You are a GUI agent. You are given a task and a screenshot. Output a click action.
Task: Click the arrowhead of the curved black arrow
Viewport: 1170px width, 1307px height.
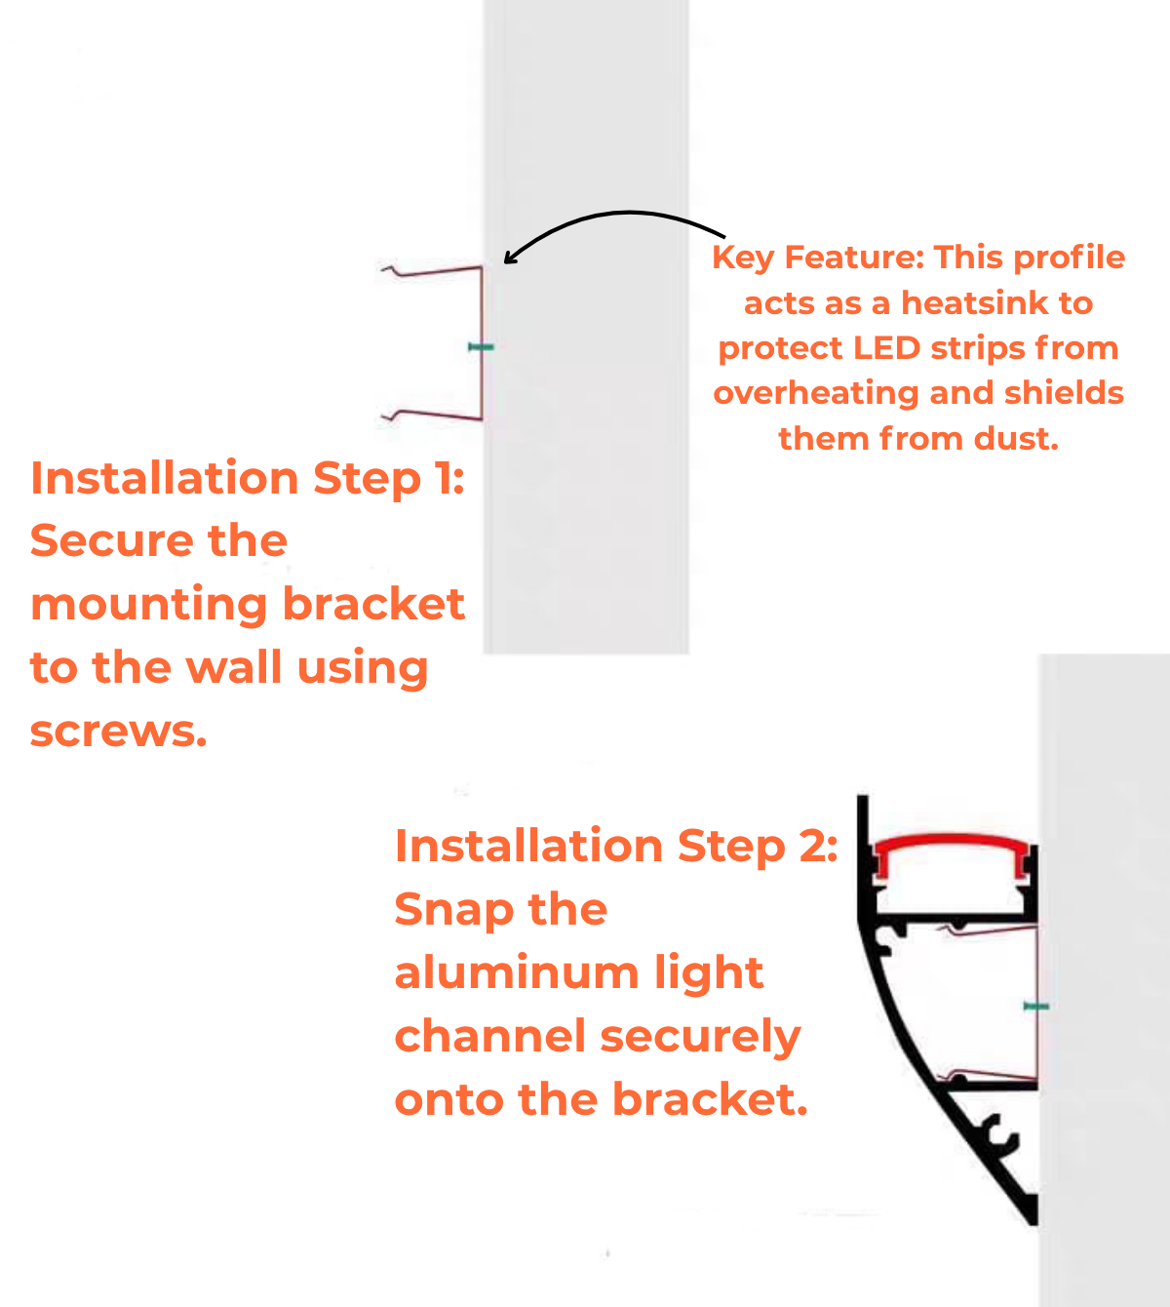click(509, 258)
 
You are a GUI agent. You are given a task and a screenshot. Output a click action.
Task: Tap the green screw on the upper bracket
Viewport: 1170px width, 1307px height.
click(482, 346)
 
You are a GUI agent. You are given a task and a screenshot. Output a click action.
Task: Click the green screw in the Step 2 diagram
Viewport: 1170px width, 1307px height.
click(1035, 1006)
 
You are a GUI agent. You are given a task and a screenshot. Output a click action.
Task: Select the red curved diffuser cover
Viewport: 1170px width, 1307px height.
click(951, 843)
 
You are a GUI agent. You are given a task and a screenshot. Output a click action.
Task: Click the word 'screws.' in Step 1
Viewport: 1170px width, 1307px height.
click(119, 732)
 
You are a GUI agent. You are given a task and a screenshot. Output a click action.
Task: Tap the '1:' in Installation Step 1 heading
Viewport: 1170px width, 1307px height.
click(448, 478)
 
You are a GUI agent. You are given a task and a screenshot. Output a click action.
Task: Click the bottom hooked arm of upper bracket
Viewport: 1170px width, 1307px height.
click(434, 415)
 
